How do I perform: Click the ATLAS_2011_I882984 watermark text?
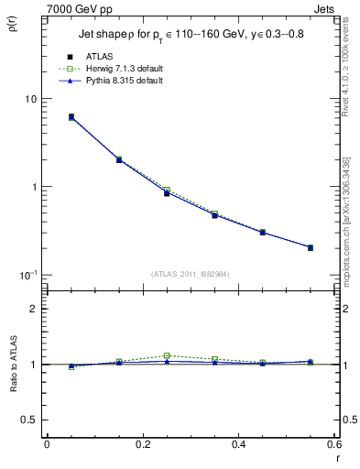tap(191, 273)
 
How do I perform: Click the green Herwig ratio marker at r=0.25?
tap(166, 355)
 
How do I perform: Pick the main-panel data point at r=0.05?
tap(71, 117)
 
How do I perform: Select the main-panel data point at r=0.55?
tap(310, 247)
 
